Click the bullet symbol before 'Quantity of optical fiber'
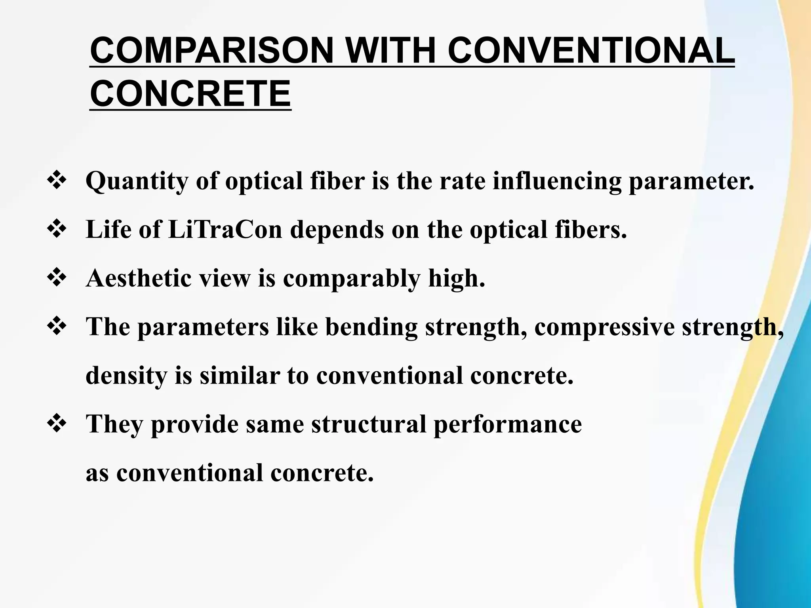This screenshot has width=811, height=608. tap(57, 181)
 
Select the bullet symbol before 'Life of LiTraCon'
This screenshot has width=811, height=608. tap(57, 230)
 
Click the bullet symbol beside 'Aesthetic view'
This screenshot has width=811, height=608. tap(57, 278)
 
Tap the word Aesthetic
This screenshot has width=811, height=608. tap(139, 278)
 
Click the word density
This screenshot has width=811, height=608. tap(126, 376)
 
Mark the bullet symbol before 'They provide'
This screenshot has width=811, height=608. tap(57, 424)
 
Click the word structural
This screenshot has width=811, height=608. tap(369, 424)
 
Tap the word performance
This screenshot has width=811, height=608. tap(507, 425)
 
